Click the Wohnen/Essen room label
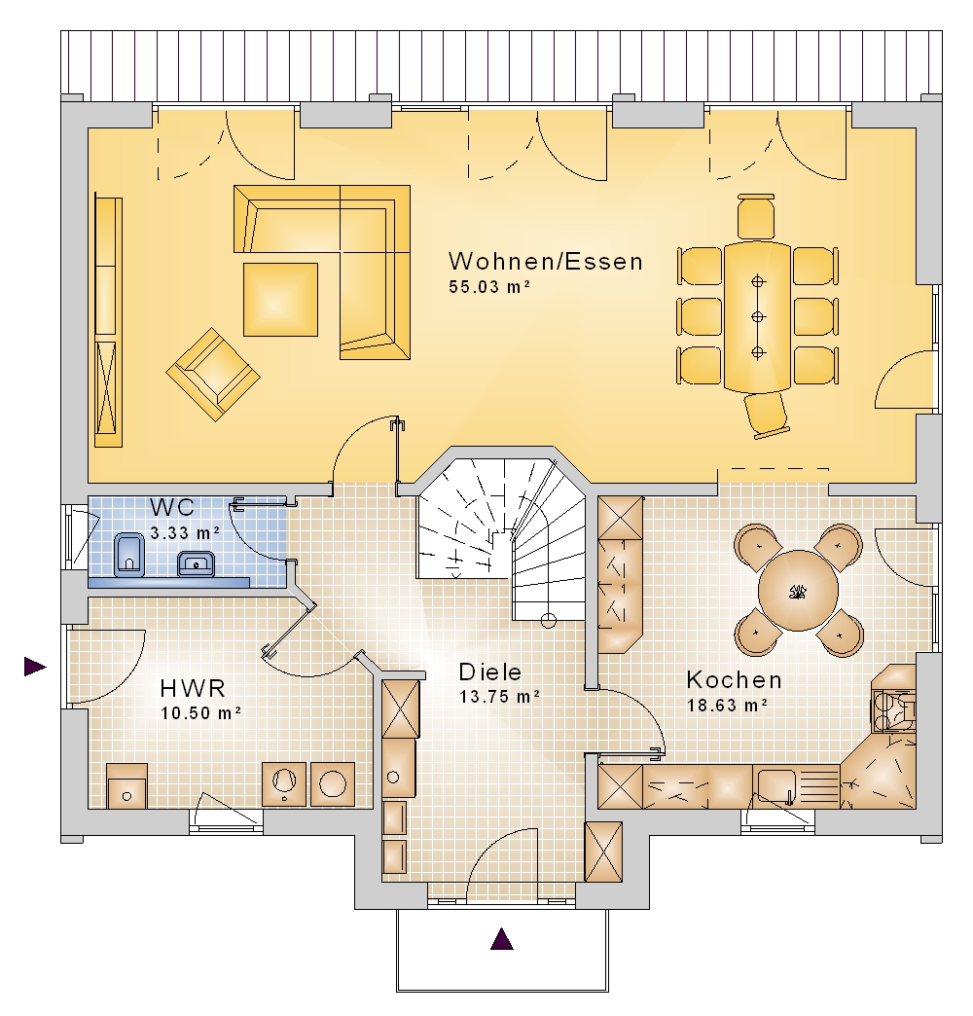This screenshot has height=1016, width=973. tap(546, 262)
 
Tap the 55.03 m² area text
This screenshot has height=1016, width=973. tap(489, 286)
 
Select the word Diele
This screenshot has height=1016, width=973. tap(489, 671)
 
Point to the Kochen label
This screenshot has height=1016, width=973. tap(734, 679)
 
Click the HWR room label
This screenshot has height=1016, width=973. tap(193, 687)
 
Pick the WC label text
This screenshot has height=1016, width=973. tap(171, 507)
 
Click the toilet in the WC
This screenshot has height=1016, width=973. tap(128, 555)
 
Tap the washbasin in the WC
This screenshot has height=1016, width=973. tap(196, 563)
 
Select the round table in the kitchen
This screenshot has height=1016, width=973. tap(798, 591)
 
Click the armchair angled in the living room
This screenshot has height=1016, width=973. tap(213, 375)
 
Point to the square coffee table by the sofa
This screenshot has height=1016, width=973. tap(280, 300)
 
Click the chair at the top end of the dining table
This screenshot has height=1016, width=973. tap(756, 216)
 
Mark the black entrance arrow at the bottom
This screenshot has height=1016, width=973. tap(501, 939)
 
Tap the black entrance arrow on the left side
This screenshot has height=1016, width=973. tap(36, 666)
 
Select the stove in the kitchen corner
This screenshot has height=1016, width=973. tap(893, 710)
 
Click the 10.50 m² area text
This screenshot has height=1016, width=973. tap(200, 712)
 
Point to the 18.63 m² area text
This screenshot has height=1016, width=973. tap(728, 705)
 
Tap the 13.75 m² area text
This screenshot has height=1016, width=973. tap(499, 697)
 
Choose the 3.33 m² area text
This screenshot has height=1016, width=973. tap(185, 532)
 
